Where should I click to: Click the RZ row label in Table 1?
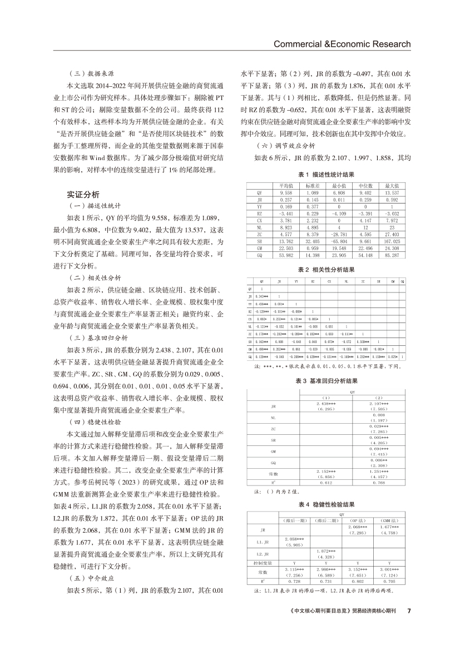tap(259, 213)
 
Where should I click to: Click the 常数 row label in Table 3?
tap(273, 473)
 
